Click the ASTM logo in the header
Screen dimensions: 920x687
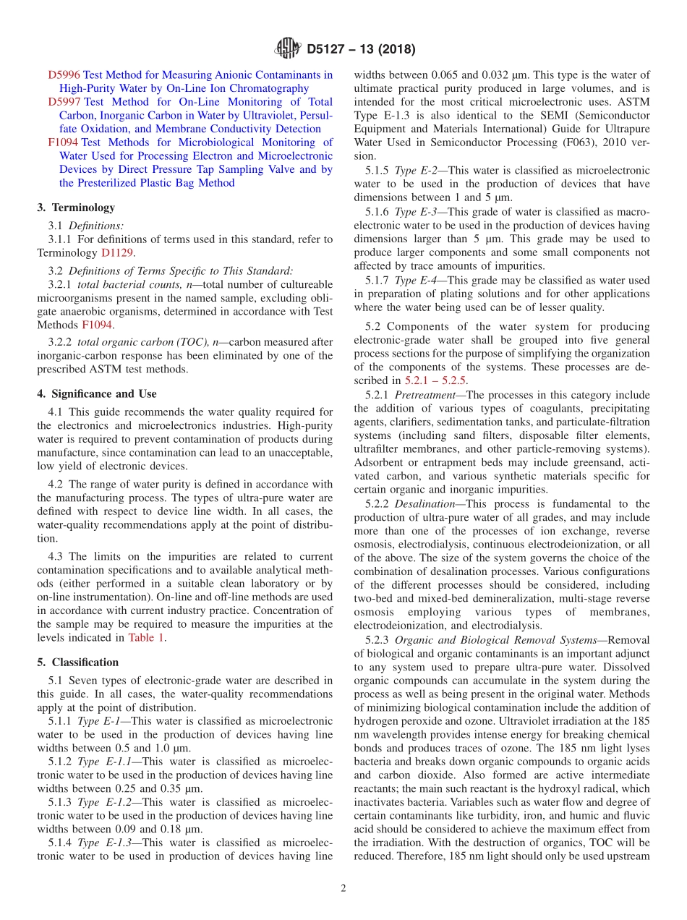click(287, 49)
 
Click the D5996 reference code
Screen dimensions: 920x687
click(64, 74)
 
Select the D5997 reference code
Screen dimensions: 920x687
click(64, 102)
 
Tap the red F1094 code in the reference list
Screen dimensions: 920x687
click(63, 142)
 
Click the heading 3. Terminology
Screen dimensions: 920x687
click(76, 208)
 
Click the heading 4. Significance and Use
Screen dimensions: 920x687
click(97, 393)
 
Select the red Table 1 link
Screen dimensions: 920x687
click(146, 637)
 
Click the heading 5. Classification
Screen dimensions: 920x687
click(77, 663)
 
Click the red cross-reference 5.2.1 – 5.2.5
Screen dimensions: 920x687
click(435, 380)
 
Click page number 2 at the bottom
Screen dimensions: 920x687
click(343, 888)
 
